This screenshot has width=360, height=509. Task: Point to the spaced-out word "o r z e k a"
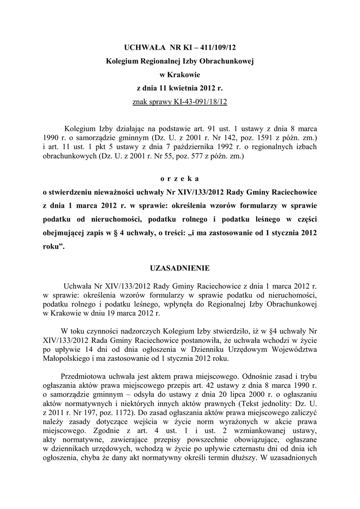[x=180, y=178]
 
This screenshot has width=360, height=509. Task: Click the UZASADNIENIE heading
[x=180, y=268]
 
